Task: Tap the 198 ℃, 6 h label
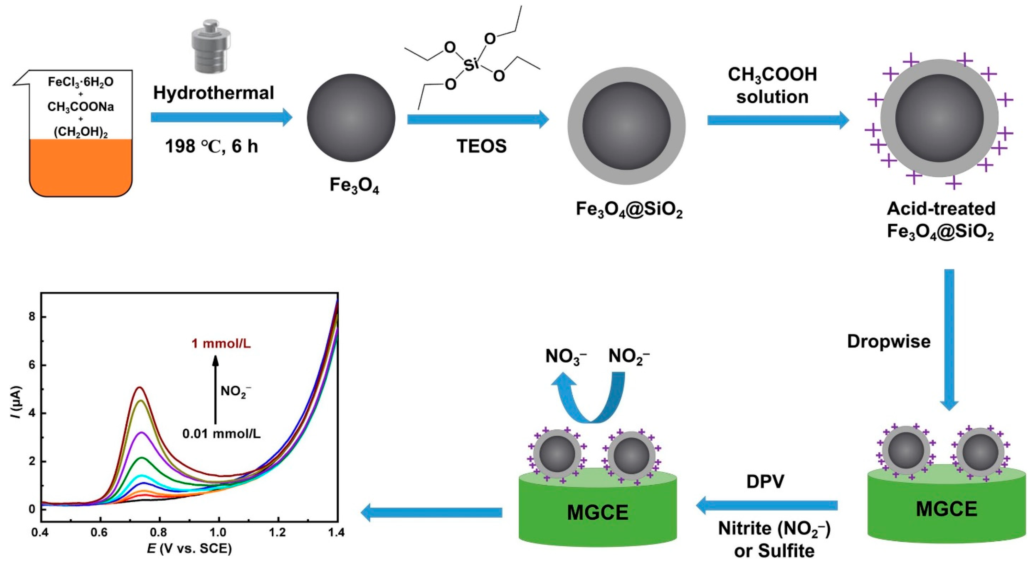[x=211, y=146]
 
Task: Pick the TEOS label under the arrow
[x=481, y=146]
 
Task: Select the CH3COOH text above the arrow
[x=772, y=75]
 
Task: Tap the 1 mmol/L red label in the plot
[x=221, y=344]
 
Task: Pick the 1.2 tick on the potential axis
[x=278, y=533]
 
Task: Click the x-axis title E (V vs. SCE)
[x=189, y=549]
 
